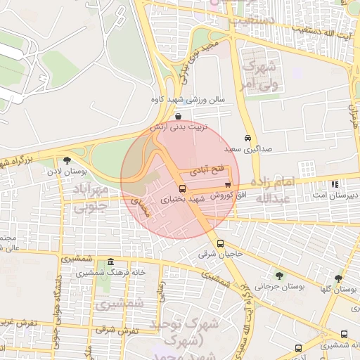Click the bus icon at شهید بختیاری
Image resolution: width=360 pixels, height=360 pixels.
183,188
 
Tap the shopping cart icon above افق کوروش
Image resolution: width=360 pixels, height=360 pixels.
226,184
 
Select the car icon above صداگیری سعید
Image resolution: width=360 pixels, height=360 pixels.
247,138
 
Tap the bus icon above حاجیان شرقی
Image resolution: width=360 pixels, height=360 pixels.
221,243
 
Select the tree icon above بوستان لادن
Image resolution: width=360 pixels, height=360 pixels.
67,160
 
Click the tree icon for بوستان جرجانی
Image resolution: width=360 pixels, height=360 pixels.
280,275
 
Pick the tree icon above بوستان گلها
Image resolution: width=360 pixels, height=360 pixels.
338,278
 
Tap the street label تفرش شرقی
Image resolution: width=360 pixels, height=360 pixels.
96,328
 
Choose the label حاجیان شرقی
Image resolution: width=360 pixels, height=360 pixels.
220,254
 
